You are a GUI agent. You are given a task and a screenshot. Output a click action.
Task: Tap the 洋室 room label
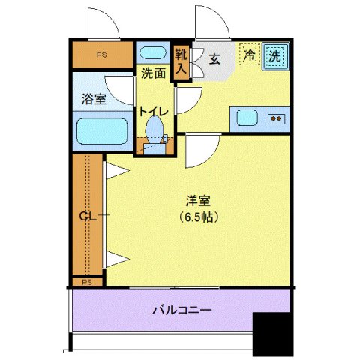pos(197,201)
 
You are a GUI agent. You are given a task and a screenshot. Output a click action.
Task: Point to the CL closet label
pos(88,217)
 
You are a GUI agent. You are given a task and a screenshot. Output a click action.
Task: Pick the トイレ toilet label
pos(152,110)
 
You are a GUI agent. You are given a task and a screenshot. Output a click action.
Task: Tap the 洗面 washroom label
pos(153,73)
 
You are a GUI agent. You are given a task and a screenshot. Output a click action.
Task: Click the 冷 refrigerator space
pos(249,55)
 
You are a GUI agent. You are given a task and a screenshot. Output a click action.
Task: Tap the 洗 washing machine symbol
pos(275,55)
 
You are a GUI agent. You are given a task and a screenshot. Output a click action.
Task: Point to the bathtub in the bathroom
pos(103,132)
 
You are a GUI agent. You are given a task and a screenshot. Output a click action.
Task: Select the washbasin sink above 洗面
pos(154,54)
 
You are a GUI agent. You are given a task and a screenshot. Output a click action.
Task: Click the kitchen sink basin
pos(248,117)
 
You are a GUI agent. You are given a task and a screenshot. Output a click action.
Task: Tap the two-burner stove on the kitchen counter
pos(277,117)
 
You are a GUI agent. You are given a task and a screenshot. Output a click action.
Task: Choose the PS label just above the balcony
pos(88,282)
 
